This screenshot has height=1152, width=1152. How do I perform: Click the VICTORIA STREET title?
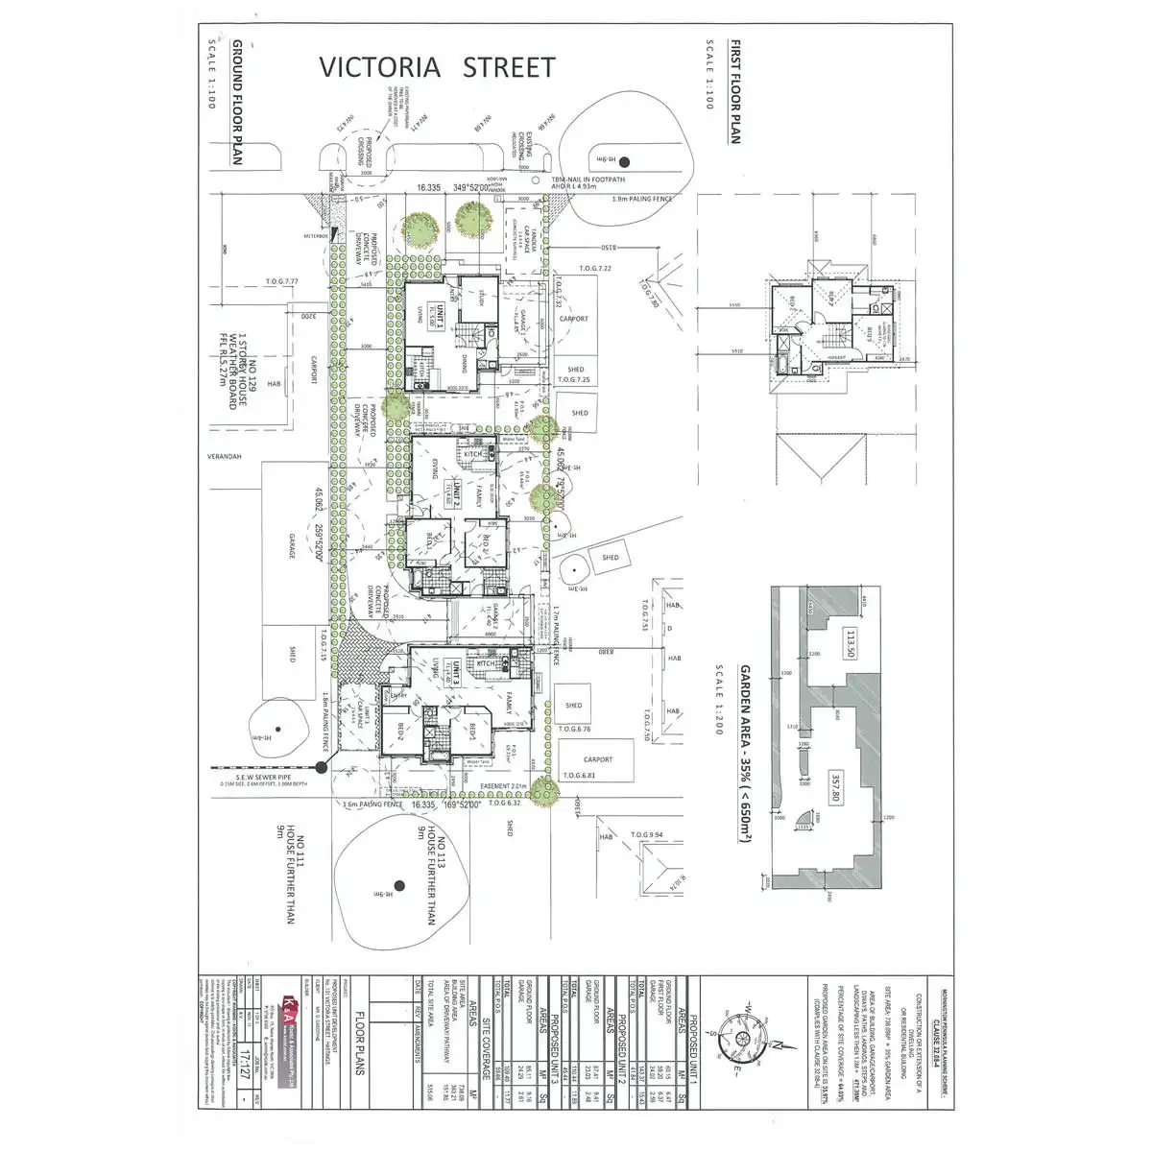(x=438, y=68)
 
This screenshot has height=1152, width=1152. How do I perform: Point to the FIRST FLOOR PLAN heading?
(x=734, y=92)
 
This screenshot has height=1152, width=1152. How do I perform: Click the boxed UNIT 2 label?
(x=458, y=492)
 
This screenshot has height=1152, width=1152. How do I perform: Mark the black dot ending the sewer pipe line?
(x=320, y=766)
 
